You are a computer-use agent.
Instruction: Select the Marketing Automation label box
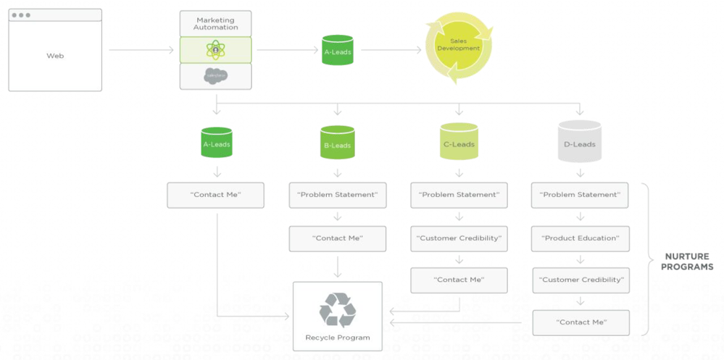(x=215, y=23)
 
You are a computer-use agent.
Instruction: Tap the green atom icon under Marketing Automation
(x=215, y=50)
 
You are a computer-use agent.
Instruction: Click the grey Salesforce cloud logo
(x=215, y=76)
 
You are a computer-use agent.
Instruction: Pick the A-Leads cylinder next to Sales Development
(x=337, y=50)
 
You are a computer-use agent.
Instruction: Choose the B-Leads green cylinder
(x=337, y=143)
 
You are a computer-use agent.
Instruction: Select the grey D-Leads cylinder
(x=580, y=142)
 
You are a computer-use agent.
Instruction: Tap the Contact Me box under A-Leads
(x=215, y=195)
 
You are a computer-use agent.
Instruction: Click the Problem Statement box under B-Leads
(x=337, y=195)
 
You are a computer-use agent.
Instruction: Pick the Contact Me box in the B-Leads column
(x=337, y=238)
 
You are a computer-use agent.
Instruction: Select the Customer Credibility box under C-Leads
(x=459, y=238)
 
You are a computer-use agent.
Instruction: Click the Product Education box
(x=580, y=238)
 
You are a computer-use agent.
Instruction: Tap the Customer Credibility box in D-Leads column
(x=580, y=280)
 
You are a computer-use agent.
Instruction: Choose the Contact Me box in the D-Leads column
(x=580, y=322)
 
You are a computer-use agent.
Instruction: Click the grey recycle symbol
(x=337, y=310)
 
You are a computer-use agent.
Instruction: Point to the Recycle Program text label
(x=337, y=338)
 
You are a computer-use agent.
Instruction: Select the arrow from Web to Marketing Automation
(x=141, y=50)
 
